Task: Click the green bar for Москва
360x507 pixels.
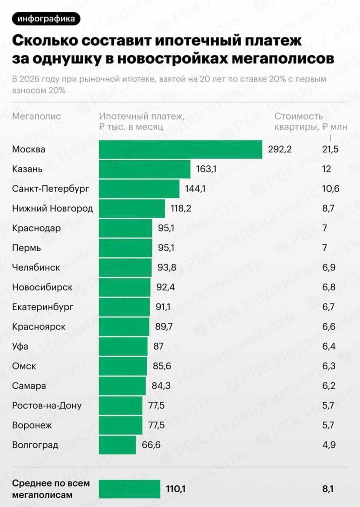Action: click(180, 149)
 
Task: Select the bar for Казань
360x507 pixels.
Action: click(145, 169)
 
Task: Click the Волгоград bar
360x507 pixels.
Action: click(117, 445)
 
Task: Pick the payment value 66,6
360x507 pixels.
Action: click(150, 445)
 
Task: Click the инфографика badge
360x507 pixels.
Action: click(47, 19)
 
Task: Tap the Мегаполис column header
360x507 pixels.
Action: click(37, 116)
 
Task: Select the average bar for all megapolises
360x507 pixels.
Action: click(130, 489)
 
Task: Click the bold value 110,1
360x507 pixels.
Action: click(176, 489)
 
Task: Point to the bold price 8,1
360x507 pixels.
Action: click(328, 489)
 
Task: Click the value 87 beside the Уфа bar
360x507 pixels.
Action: click(159, 346)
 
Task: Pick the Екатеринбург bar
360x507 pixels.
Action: click(124, 307)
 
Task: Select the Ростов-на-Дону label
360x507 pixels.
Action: click(47, 406)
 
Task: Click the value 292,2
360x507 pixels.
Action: click(280, 149)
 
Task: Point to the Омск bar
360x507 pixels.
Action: click(123, 366)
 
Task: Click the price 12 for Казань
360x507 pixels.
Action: click(326, 169)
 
